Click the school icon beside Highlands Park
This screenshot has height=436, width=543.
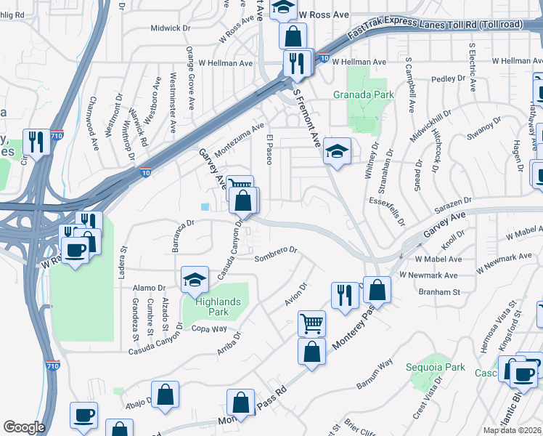click(195, 280)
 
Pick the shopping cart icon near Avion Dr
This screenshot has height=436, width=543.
click(311, 323)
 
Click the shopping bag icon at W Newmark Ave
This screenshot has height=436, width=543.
click(377, 290)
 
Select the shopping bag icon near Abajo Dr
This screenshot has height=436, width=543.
click(166, 395)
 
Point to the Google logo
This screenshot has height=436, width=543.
click(24, 427)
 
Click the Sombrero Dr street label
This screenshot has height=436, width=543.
click(277, 251)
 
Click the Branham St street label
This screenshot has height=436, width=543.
click(439, 292)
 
